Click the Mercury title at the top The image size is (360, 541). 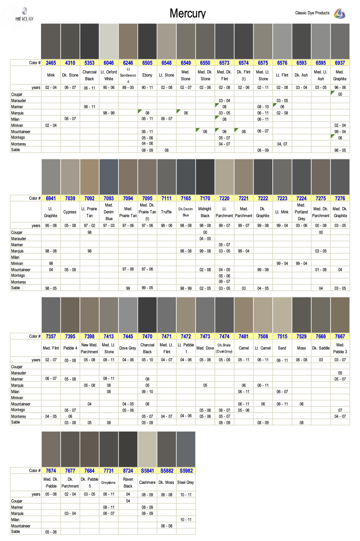click(187, 13)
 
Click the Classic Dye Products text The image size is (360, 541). click(312, 13)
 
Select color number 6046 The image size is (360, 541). click(109, 63)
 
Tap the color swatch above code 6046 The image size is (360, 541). click(109, 41)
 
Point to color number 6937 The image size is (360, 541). click(340, 63)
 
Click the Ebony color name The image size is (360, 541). click(147, 75)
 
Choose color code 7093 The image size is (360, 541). click(109, 198)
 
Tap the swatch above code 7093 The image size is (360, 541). click(109, 177)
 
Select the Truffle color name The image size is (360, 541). click(166, 212)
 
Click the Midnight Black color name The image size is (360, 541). click(205, 212)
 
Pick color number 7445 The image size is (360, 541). click(128, 337)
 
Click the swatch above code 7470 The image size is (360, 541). click(147, 315)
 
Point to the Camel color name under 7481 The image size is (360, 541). click(244, 348)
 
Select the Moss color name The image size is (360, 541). click(301, 348)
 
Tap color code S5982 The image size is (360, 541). click(186, 471)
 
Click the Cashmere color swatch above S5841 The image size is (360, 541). click(147, 449)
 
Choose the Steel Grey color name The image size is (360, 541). click(186, 482)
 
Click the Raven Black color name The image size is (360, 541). click(128, 483)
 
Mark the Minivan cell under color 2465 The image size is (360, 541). click(51, 125)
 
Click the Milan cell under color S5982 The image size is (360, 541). click(186, 520)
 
